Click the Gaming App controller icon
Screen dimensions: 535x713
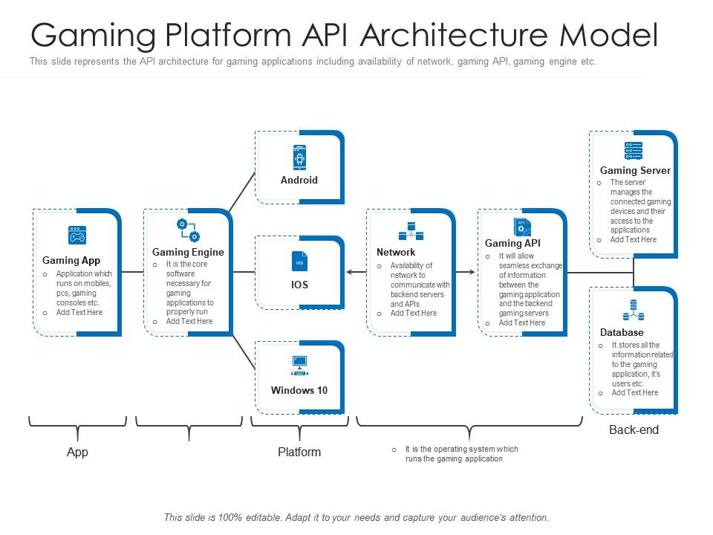click(x=77, y=236)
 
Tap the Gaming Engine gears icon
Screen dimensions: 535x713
click(x=188, y=230)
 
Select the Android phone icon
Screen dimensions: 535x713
click(x=299, y=157)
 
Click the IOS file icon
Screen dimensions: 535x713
click(x=299, y=262)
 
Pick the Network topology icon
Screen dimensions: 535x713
click(x=411, y=231)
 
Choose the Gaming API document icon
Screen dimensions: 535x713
click(x=522, y=227)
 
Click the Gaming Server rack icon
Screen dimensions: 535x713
click(x=634, y=151)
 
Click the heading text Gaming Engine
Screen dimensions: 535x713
click(x=188, y=253)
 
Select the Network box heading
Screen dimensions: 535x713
click(x=396, y=253)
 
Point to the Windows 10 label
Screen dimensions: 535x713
click(x=299, y=391)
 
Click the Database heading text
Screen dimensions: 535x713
click(x=622, y=333)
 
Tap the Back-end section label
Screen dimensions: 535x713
click(x=634, y=430)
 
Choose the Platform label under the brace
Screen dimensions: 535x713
click(x=299, y=453)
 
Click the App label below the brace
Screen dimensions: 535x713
click(x=77, y=453)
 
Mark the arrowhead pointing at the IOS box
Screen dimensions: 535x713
click(x=350, y=273)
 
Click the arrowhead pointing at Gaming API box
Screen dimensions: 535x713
click(x=472, y=273)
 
